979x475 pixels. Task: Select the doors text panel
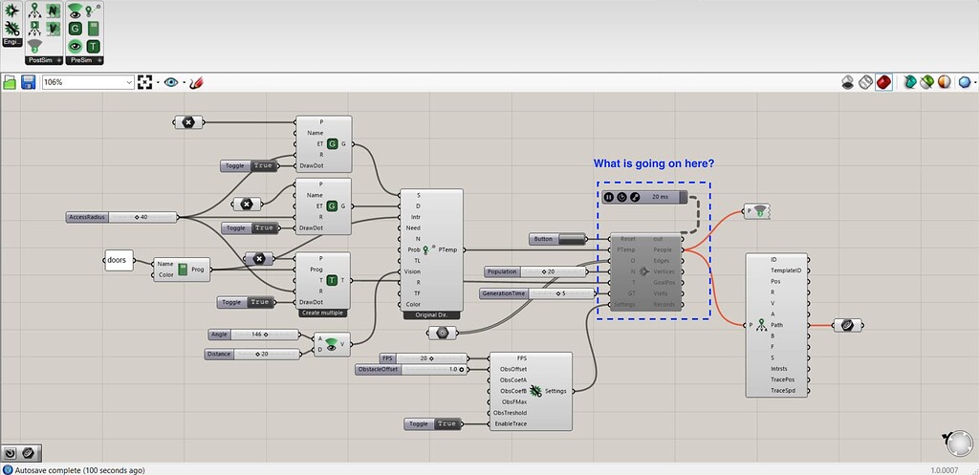click(x=118, y=260)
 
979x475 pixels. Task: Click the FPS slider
click(x=421, y=358)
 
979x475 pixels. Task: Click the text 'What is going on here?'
click(x=654, y=163)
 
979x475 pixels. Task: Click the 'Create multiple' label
click(x=323, y=313)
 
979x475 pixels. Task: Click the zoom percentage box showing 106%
click(x=87, y=83)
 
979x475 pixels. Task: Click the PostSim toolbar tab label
click(x=41, y=60)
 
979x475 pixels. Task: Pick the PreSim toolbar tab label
click(x=80, y=60)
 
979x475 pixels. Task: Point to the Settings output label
click(x=555, y=391)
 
